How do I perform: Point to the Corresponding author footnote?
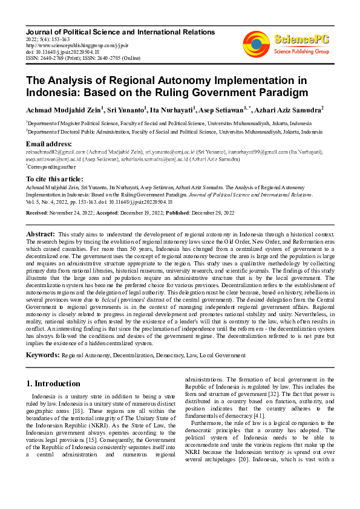[x=49, y=166]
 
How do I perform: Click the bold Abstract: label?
[x=40, y=233]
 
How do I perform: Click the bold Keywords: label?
[x=42, y=355]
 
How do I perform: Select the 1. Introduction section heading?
[x=54, y=383]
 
